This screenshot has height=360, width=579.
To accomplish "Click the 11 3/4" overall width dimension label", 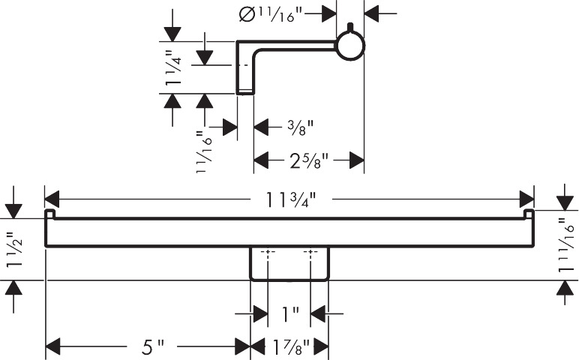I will pyautogui.click(x=289, y=199).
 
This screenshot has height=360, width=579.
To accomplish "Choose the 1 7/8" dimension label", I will pyautogui.click(x=289, y=346).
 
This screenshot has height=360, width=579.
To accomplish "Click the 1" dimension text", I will pyautogui.click(x=289, y=313).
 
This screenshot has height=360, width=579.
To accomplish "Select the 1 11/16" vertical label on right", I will pyautogui.click(x=567, y=244).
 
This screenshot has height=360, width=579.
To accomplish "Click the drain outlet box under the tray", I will pyautogui.click(x=289, y=263).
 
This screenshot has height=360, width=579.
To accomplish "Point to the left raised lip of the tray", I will pyautogui.click(x=49, y=215).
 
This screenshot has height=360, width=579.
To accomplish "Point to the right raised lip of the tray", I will pyautogui.click(x=529, y=215).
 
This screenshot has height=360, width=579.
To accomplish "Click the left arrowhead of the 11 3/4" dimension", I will pyautogui.click(x=52, y=199).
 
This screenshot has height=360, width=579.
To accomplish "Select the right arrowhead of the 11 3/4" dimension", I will pyautogui.click(x=527, y=199).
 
